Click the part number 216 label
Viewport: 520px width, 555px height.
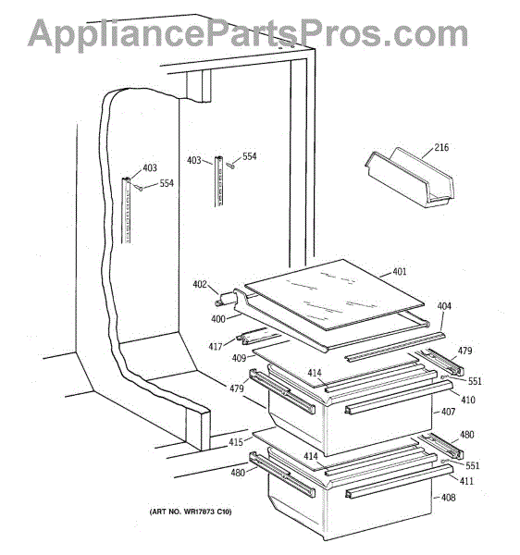pos(441,147)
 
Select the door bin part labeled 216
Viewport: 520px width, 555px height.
pos(410,178)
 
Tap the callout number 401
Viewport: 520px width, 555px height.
pos(400,271)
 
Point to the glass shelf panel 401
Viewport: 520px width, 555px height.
pos(335,295)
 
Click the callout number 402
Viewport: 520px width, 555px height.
pos(200,284)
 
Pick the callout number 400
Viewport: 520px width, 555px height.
pos(218,319)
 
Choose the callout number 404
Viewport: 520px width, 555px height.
pos(444,306)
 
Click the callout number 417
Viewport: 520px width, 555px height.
pos(216,346)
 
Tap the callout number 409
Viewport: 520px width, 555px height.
pos(239,358)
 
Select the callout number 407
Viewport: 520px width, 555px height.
pos(448,412)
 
